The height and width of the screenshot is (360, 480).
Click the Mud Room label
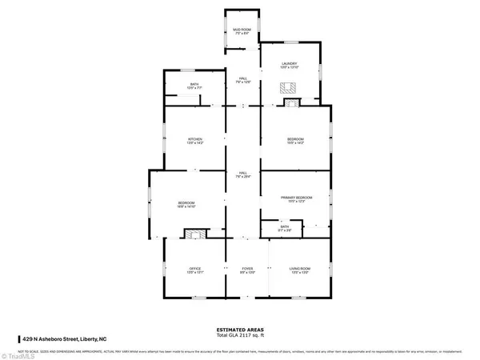(242, 31)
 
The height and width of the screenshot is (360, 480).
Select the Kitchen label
(195, 141)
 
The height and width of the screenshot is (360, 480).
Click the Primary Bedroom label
(296, 199)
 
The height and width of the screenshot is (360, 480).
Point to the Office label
(195, 270)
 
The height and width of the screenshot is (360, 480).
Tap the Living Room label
(299, 270)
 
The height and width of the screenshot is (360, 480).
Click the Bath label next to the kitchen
(194, 86)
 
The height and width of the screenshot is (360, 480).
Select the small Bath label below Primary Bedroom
(285, 228)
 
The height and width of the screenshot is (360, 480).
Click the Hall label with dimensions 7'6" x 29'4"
(242, 174)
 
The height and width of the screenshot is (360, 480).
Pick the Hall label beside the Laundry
(242, 79)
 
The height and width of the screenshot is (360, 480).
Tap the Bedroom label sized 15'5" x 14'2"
(296, 141)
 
